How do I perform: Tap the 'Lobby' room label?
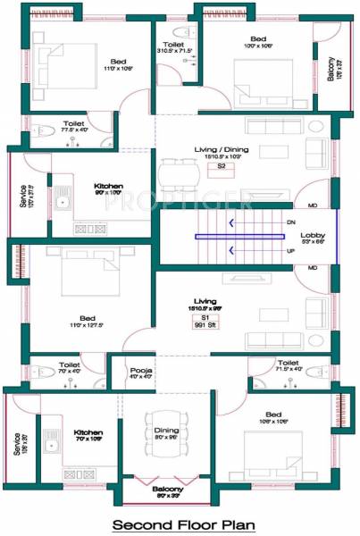(313, 235)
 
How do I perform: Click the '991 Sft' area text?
(205, 326)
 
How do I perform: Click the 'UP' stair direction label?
(290, 251)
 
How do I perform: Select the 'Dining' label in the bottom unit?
(167, 431)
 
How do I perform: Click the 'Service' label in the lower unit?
(17, 444)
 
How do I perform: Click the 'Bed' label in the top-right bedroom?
(258, 39)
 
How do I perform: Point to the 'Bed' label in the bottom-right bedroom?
(273, 415)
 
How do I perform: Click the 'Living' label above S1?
(207, 302)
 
